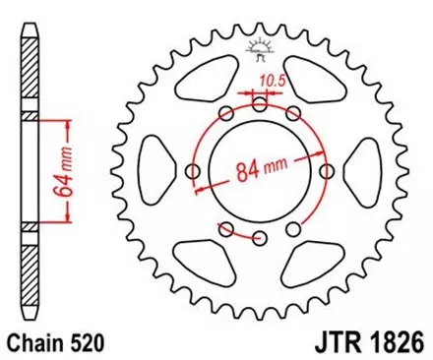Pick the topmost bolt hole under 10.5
260,102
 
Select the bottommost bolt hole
260,238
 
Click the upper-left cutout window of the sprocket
202,88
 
